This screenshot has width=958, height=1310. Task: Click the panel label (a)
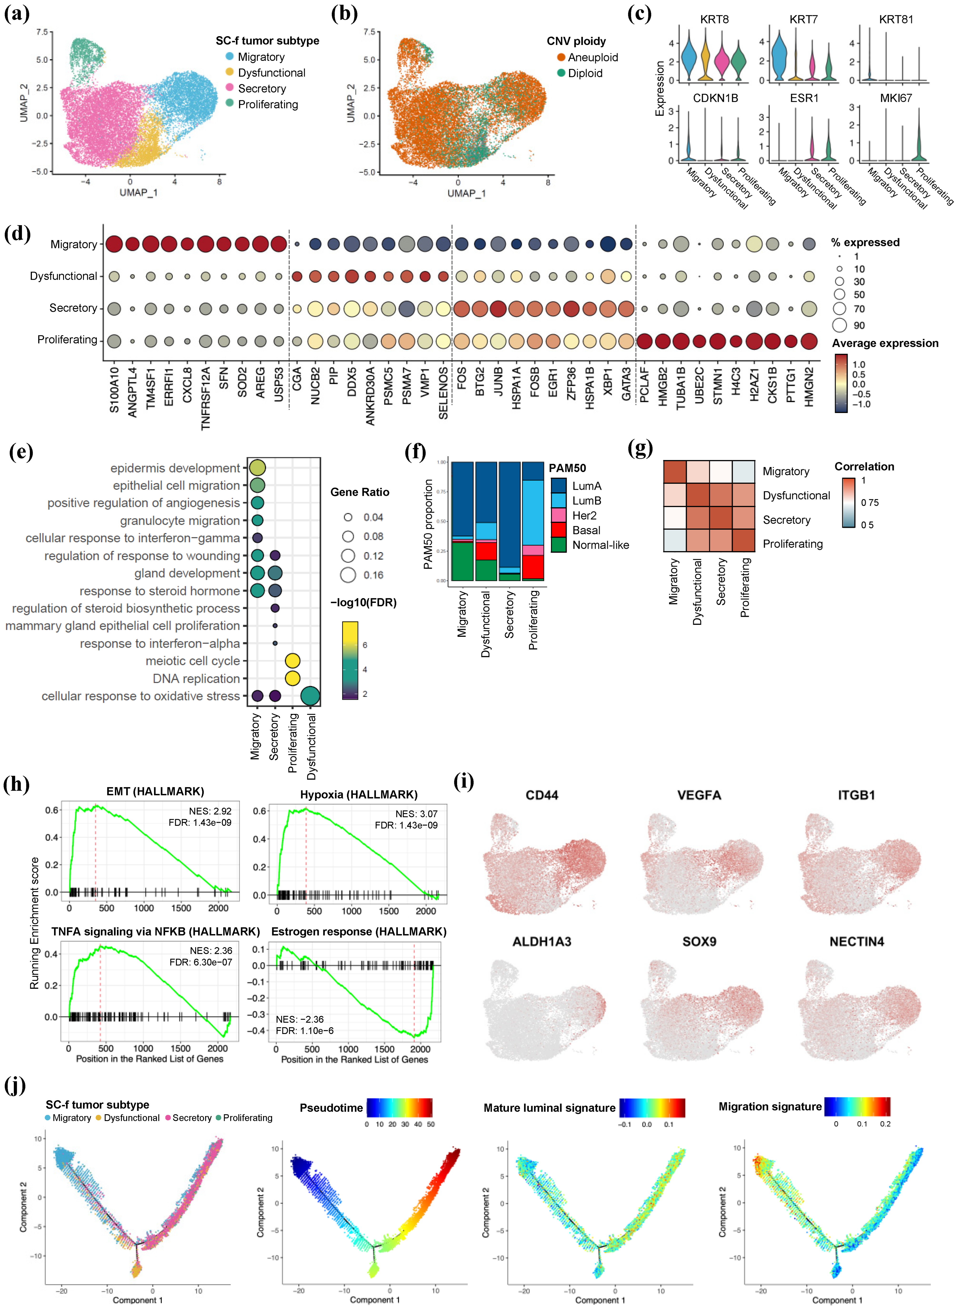click(x=16, y=13)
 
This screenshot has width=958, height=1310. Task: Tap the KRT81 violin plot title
click(x=895, y=19)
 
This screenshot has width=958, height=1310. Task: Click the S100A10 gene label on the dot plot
click(x=114, y=390)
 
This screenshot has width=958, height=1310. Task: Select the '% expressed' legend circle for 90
click(x=839, y=325)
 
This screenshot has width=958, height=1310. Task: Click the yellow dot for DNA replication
click(x=293, y=678)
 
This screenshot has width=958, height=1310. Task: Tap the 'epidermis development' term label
click(x=175, y=468)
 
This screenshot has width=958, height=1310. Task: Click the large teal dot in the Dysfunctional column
click(x=311, y=696)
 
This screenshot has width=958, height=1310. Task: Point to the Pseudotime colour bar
click(x=399, y=1107)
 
